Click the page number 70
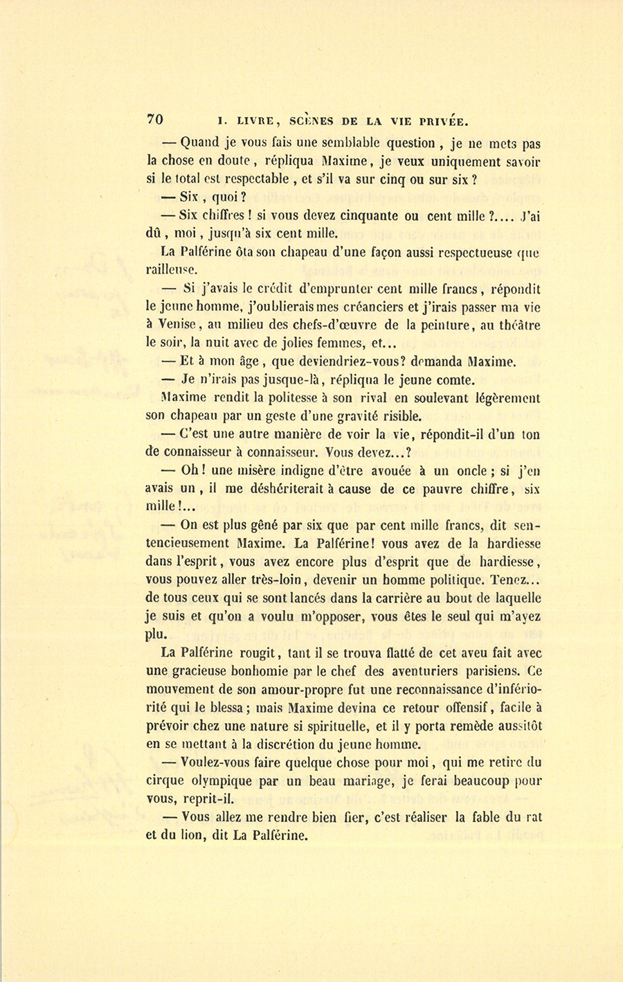(154, 119)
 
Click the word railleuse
(171, 271)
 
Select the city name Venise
(178, 325)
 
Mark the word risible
(400, 416)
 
